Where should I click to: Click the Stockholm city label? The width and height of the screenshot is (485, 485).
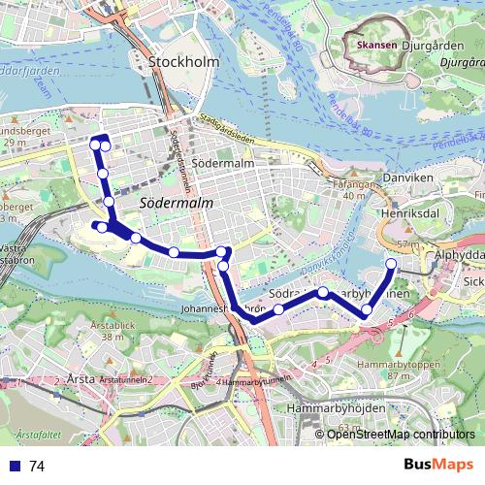coord(184,62)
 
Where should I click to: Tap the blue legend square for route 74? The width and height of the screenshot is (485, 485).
coord(14,466)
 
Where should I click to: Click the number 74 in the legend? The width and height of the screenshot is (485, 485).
coord(37,467)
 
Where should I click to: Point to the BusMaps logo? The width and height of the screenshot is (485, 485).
coord(438,466)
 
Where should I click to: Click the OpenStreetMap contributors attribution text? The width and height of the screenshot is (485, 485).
coord(401,435)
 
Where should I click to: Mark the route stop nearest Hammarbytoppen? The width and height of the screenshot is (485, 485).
coord(367,310)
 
